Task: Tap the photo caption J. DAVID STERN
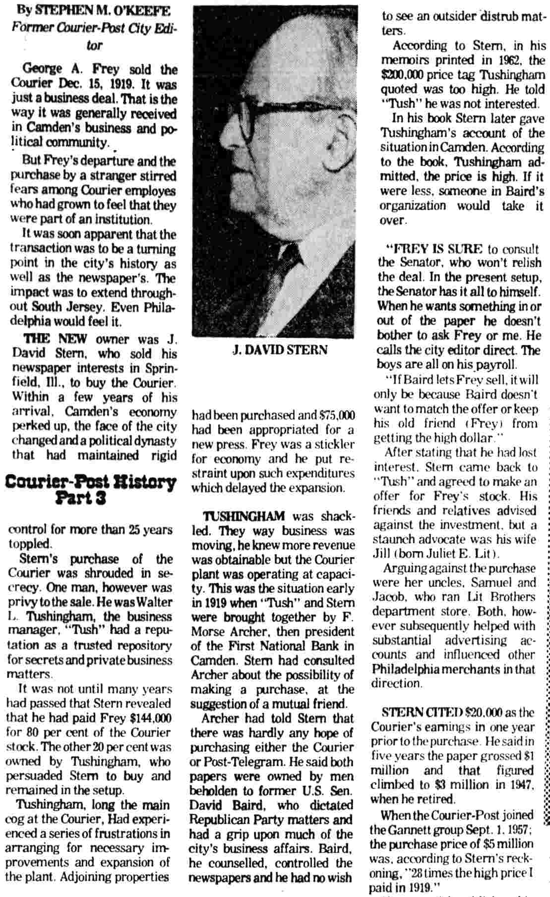point(280,349)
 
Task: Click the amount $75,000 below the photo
point(337,415)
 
